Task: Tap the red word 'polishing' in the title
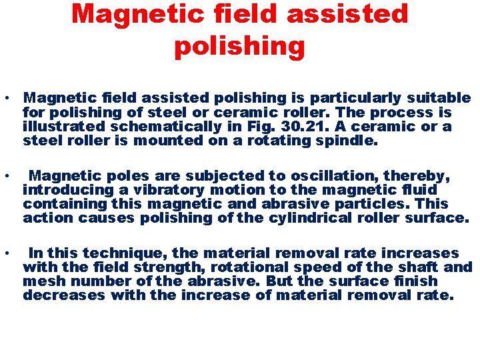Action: (x=239, y=46)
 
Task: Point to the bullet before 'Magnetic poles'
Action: (x=6, y=177)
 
